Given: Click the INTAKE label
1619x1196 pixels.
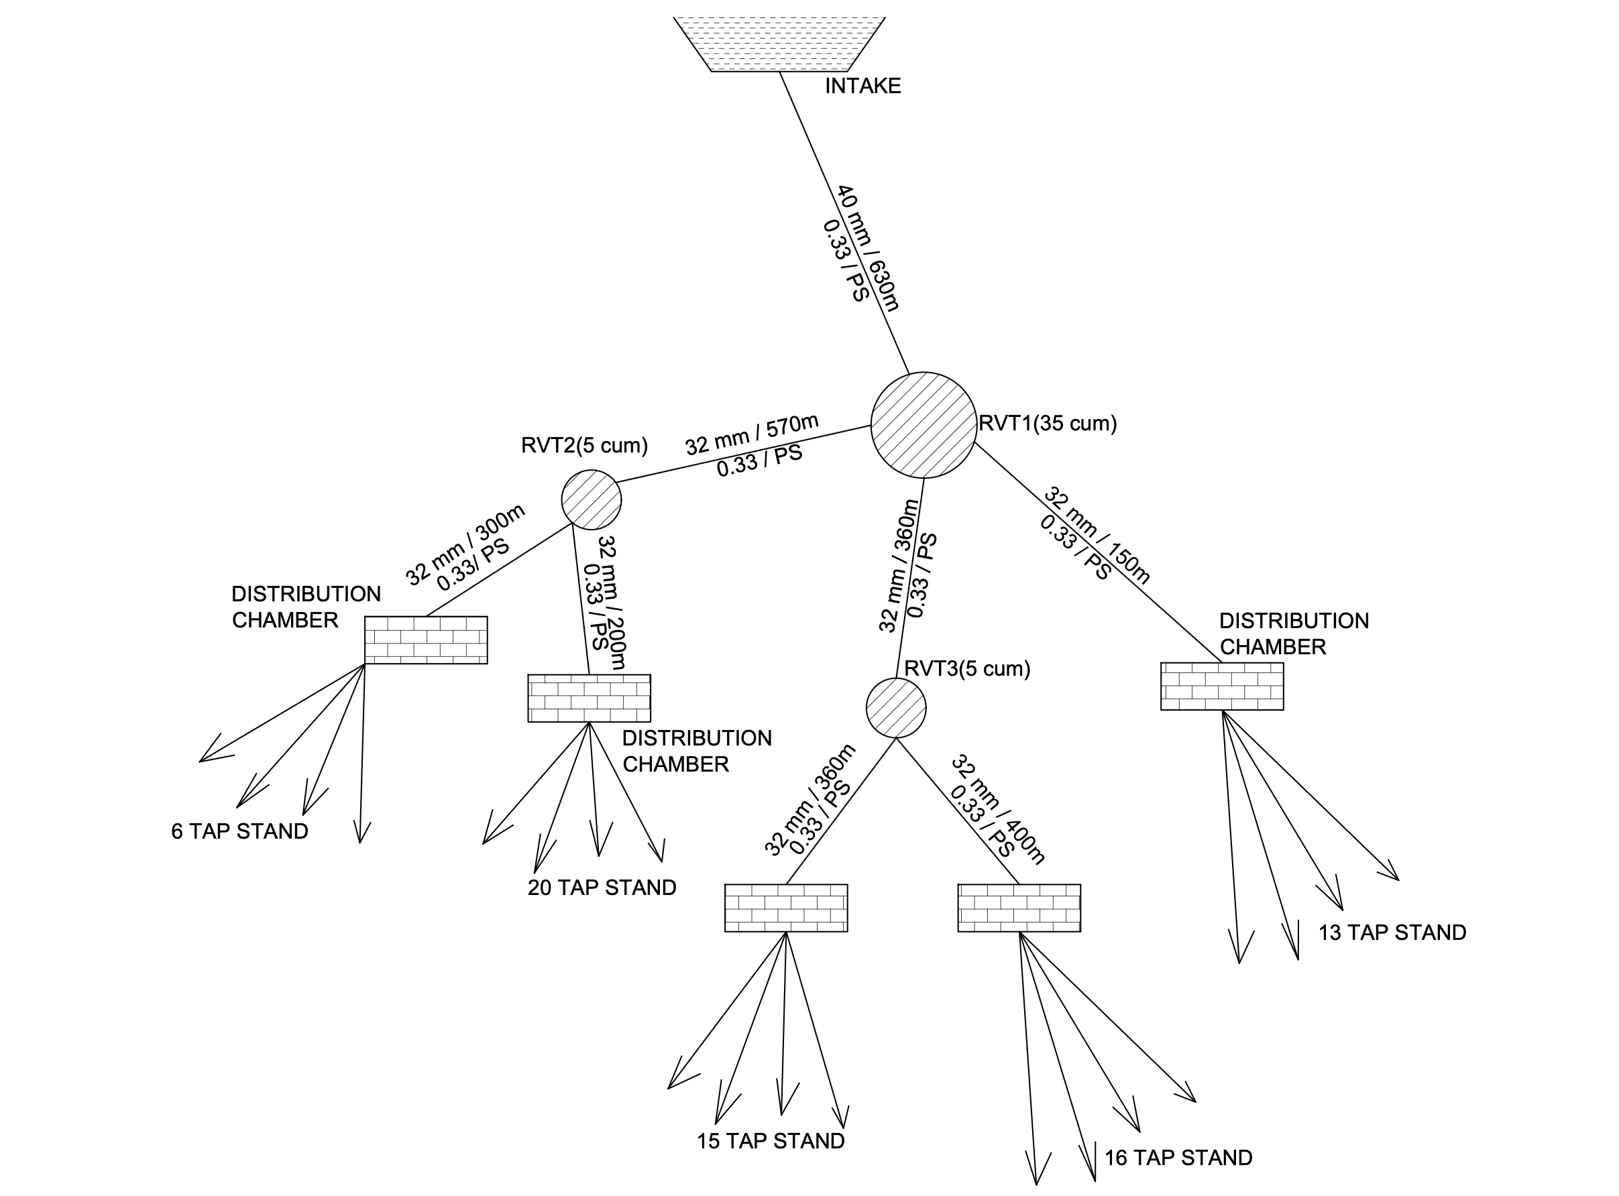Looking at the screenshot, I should [x=862, y=86].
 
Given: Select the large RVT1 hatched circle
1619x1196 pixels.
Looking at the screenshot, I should [x=923, y=425].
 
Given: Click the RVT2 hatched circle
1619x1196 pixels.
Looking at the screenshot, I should [x=592, y=499].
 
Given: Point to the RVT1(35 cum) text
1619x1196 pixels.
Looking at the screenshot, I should [x=1047, y=424].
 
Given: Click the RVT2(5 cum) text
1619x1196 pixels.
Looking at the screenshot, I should [x=584, y=445].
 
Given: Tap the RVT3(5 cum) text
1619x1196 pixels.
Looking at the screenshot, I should [x=967, y=668].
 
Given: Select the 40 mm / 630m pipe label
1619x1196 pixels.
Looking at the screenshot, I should [x=869, y=247].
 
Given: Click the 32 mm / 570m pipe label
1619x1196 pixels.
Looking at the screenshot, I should [x=752, y=435].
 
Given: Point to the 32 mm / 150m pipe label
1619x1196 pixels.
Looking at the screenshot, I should [x=1097, y=534].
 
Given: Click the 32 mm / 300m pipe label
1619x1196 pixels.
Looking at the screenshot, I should [x=465, y=544].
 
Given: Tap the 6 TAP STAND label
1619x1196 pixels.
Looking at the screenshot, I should [x=239, y=831].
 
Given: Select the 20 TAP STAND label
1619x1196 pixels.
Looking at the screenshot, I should [x=602, y=888].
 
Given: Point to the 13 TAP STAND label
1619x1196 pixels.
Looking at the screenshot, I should [x=1392, y=933].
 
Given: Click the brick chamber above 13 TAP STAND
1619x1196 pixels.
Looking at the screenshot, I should [x=1221, y=686].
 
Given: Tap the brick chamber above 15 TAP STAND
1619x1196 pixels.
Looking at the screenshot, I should [x=785, y=908].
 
